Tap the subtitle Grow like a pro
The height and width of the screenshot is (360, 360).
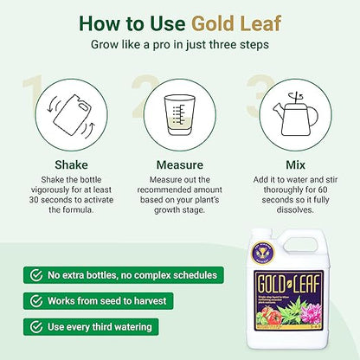pyautogui.click(x=179, y=43)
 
